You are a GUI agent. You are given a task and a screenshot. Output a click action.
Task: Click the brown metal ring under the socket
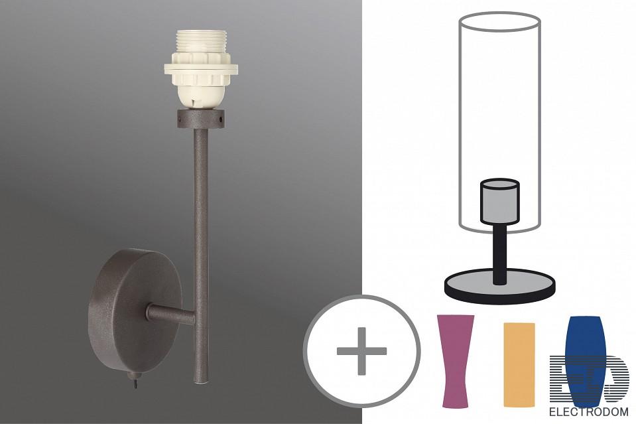pyautogui.click(x=201, y=119)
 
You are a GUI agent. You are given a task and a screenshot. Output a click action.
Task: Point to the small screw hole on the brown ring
pyautogui.click(x=221, y=120)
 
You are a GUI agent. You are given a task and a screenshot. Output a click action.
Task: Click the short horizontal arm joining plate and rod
pyautogui.click(x=170, y=315)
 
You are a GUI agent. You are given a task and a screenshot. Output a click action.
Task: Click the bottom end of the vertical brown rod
pyautogui.click(x=200, y=381)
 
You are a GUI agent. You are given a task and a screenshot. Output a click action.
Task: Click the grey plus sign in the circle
pyautogui.click(x=362, y=351)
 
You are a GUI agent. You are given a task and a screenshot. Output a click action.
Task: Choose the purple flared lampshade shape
pyautogui.click(x=455, y=361)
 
